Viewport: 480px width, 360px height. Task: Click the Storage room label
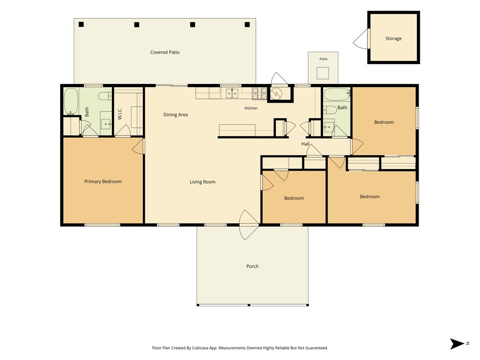pos(393,38)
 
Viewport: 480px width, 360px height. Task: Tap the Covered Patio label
pos(165,52)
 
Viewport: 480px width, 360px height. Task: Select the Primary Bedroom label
pos(103,181)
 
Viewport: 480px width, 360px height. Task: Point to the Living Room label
pos(202,182)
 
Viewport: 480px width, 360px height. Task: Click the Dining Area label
pos(175,115)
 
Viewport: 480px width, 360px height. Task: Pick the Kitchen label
pos(251,108)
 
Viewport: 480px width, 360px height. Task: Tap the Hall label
pos(305,144)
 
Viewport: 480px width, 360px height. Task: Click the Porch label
pos(252,266)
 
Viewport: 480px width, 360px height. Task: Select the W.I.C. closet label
pos(120,113)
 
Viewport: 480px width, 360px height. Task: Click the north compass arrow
pos(457,344)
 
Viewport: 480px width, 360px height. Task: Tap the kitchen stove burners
pos(260,93)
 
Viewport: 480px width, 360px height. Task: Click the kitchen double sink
pos(232,93)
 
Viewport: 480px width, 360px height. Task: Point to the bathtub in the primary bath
pos(71,101)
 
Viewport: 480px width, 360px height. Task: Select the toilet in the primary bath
pos(105,96)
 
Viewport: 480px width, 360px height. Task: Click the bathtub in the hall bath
pos(337,95)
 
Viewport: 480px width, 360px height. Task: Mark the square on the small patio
pos(322,73)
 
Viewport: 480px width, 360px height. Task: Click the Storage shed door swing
pos(361,38)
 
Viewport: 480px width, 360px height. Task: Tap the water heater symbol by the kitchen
pos(277,94)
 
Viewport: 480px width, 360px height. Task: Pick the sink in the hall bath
pos(329,126)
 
